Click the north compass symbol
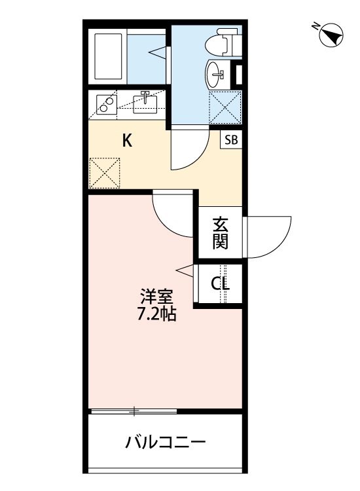click(331, 34)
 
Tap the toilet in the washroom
click(219, 43)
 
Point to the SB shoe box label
click(231, 139)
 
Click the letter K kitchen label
click(128, 141)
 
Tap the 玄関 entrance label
click(221, 233)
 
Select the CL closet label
click(219, 284)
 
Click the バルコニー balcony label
click(166, 441)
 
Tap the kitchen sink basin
click(145, 102)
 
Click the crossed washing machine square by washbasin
click(225, 106)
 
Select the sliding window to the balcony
click(134, 411)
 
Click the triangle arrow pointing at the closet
click(185, 269)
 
